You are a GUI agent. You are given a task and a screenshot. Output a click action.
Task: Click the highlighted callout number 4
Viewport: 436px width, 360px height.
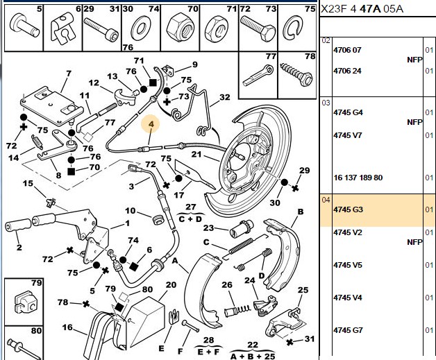click(151, 124)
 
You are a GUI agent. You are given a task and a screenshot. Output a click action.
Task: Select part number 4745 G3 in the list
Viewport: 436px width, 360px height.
click(348, 209)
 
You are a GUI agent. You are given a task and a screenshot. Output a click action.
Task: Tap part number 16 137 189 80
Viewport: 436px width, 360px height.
click(358, 178)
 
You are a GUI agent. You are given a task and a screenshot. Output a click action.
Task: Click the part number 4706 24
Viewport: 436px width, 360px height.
click(347, 71)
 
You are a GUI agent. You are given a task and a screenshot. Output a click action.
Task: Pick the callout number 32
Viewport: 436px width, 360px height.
click(225, 97)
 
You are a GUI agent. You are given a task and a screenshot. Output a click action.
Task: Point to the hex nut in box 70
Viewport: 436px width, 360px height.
click(180, 28)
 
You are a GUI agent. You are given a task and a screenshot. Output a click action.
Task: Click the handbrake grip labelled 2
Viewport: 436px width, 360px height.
click(18, 225)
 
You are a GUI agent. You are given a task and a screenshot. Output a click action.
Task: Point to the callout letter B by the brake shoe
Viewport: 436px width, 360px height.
click(301, 212)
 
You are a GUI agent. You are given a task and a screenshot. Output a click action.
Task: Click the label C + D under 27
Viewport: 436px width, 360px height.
click(190, 219)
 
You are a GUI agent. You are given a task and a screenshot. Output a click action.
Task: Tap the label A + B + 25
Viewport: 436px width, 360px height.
click(253, 356)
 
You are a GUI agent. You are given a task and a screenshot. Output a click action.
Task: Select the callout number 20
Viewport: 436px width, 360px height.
click(171, 284)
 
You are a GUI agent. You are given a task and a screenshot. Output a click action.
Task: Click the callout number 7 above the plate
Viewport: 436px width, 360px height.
click(69, 74)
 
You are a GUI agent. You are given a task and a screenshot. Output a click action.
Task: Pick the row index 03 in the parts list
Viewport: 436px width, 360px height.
click(326, 103)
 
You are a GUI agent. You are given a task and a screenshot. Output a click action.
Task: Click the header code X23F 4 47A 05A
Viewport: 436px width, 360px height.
click(362, 9)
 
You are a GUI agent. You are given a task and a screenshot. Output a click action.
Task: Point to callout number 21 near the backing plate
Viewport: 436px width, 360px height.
click(196, 154)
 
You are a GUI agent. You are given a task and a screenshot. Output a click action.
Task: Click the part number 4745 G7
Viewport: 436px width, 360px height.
click(348, 330)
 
